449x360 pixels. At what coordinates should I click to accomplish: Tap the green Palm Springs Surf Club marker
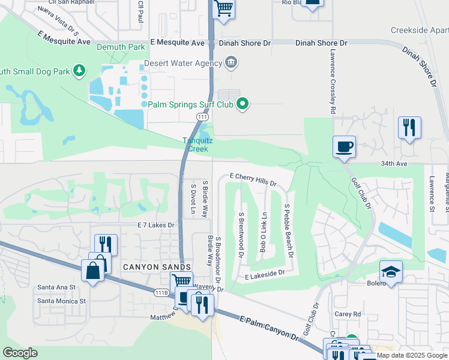(x=243, y=104)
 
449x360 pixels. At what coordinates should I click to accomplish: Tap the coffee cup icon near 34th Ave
(x=344, y=146)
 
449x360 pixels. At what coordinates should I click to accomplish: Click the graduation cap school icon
(x=391, y=272)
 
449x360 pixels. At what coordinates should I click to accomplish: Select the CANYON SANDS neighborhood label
(x=157, y=267)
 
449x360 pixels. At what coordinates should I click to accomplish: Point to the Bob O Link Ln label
(x=263, y=232)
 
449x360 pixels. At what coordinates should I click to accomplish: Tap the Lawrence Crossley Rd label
(x=331, y=82)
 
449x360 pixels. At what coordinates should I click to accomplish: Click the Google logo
(x=20, y=353)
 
